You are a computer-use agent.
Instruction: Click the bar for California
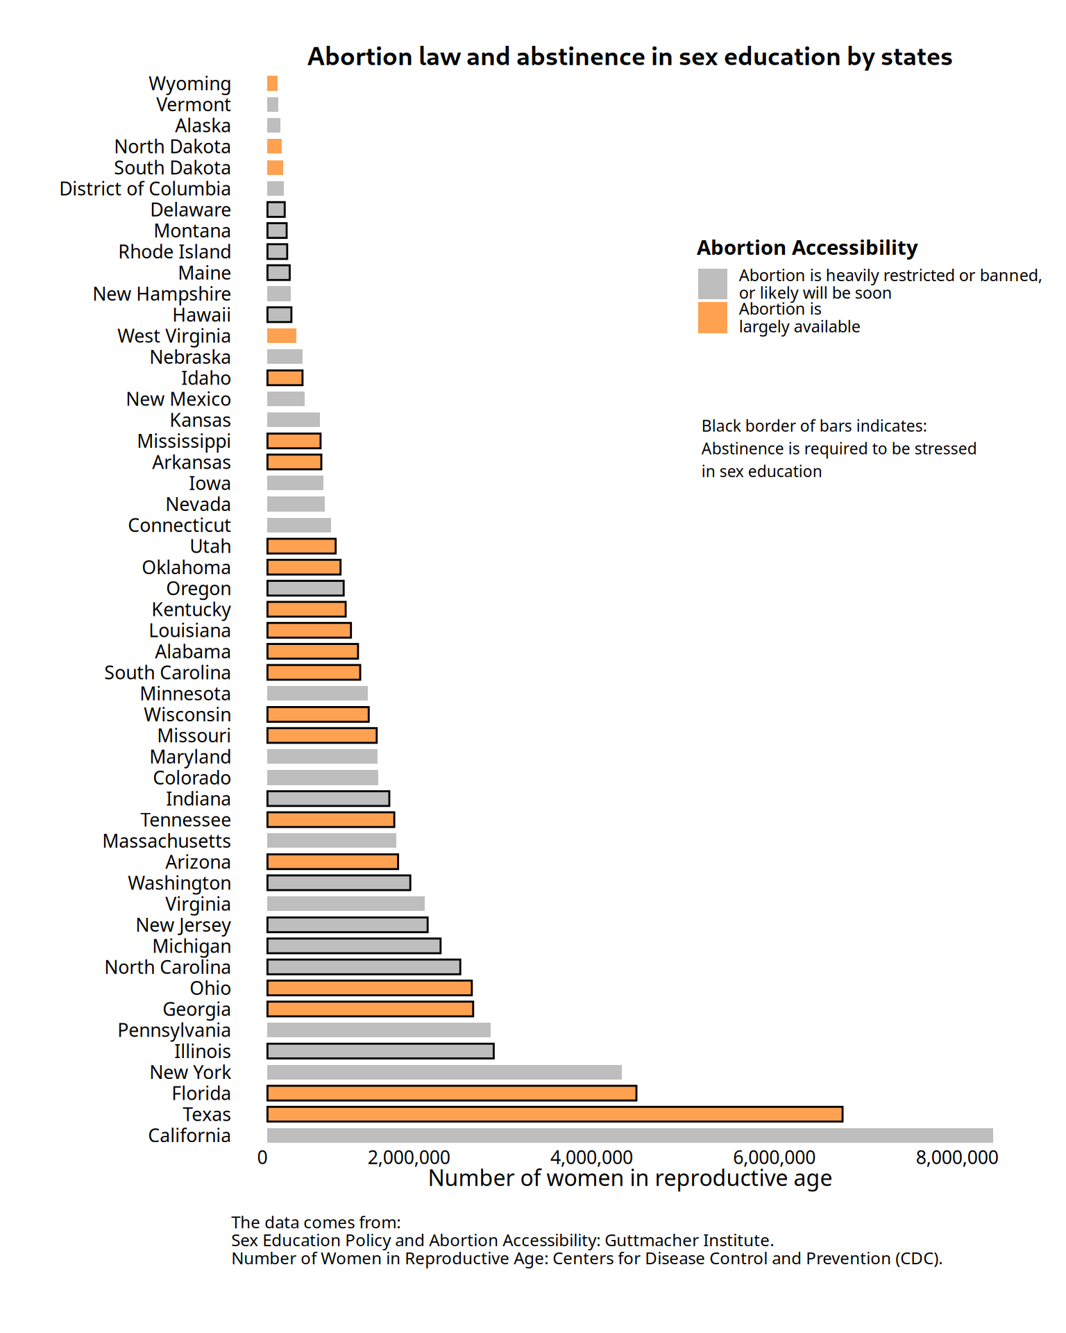pos(629,1135)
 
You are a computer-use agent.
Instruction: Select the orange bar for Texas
pos(555,1114)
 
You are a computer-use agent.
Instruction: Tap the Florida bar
pos(452,1093)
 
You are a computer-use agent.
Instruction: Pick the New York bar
pos(444,1072)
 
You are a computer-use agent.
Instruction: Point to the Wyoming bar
pos(272,83)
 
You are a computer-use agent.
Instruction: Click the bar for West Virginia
pos(282,336)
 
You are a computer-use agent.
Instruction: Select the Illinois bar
pos(380,1051)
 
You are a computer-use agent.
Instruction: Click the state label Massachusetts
pos(167,841)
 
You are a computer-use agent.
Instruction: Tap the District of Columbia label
pos(145,189)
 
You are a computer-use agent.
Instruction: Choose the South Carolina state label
pos(167,673)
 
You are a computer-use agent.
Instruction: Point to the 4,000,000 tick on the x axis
pos(591,1157)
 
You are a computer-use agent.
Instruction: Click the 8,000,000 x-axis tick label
pos(956,1157)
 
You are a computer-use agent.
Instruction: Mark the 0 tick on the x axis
pos(262,1157)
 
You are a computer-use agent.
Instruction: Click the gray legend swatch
pos(713,284)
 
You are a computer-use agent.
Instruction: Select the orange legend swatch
pos(713,317)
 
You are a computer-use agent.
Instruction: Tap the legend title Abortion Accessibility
pos(807,248)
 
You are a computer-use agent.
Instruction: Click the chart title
pos(629,57)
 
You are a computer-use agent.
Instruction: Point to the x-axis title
pos(629,1178)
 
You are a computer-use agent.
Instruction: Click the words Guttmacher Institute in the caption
pos(688,1241)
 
